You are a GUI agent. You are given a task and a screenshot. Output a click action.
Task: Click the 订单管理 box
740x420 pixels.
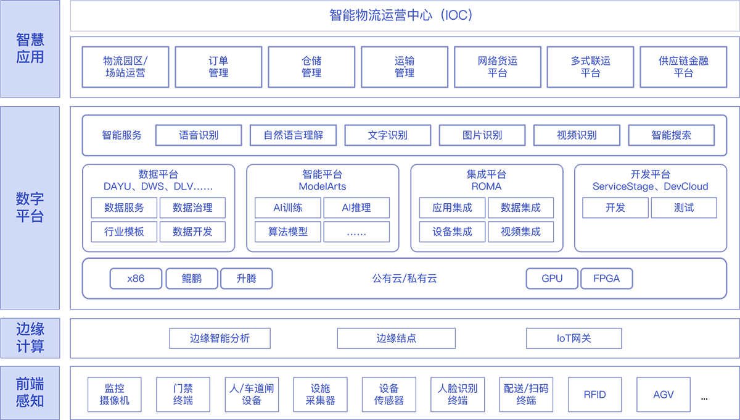click(218, 67)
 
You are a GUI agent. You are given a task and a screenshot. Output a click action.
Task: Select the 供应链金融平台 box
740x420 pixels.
click(683, 67)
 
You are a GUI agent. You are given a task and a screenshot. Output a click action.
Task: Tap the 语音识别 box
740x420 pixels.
click(199, 135)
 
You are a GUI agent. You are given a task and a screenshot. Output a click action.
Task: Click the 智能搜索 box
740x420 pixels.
click(672, 135)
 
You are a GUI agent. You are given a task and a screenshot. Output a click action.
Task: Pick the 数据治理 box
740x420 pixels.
click(192, 208)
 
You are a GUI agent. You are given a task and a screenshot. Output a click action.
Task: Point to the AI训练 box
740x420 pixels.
click(288, 208)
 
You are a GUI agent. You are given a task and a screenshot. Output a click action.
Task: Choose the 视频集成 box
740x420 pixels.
click(520, 232)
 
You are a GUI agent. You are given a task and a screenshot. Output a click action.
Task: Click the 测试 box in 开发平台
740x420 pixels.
click(684, 208)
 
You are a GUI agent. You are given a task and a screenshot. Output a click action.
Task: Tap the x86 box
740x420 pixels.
click(136, 279)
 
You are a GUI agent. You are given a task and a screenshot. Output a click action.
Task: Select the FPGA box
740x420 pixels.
click(607, 279)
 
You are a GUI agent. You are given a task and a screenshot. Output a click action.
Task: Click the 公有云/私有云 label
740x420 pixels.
click(405, 279)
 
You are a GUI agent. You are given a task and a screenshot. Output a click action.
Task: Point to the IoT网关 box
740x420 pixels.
click(574, 338)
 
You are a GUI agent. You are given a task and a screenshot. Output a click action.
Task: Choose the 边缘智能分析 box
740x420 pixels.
click(220, 338)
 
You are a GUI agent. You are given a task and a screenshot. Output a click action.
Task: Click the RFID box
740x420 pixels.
click(594, 395)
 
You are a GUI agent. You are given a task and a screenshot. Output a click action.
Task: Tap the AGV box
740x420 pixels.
click(664, 395)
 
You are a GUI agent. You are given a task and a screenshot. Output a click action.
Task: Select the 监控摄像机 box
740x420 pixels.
click(114, 395)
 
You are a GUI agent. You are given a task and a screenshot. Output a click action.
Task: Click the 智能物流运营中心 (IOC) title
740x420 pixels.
click(401, 15)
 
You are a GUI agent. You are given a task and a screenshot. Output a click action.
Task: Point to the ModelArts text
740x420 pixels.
click(322, 187)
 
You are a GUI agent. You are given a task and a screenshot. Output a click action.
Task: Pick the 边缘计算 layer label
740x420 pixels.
click(30, 338)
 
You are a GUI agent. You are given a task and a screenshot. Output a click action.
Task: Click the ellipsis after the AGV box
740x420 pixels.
click(704, 399)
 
